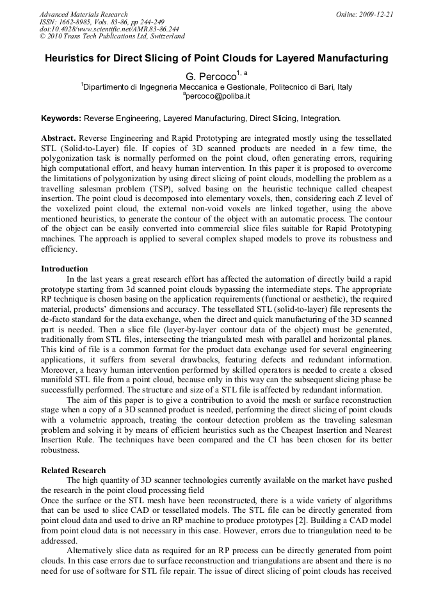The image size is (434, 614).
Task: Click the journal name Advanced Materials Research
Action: [83, 14]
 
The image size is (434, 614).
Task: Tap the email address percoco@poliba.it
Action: [218, 96]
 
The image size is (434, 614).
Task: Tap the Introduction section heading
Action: [65, 268]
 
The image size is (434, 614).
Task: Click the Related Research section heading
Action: [74, 470]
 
